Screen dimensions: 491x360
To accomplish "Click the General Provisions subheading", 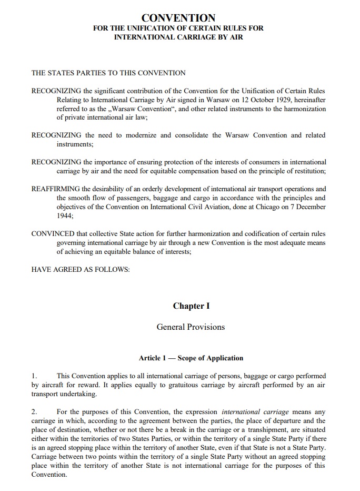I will [x=191, y=327].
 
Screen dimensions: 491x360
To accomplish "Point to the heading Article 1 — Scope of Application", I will [x=191, y=358].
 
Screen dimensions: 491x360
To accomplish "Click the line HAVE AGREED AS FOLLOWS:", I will [x=81, y=270].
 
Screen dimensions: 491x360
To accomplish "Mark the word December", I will [x=310, y=207].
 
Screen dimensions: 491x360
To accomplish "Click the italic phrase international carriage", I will [x=248, y=412].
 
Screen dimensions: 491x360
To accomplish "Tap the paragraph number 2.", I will [x=34, y=412].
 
